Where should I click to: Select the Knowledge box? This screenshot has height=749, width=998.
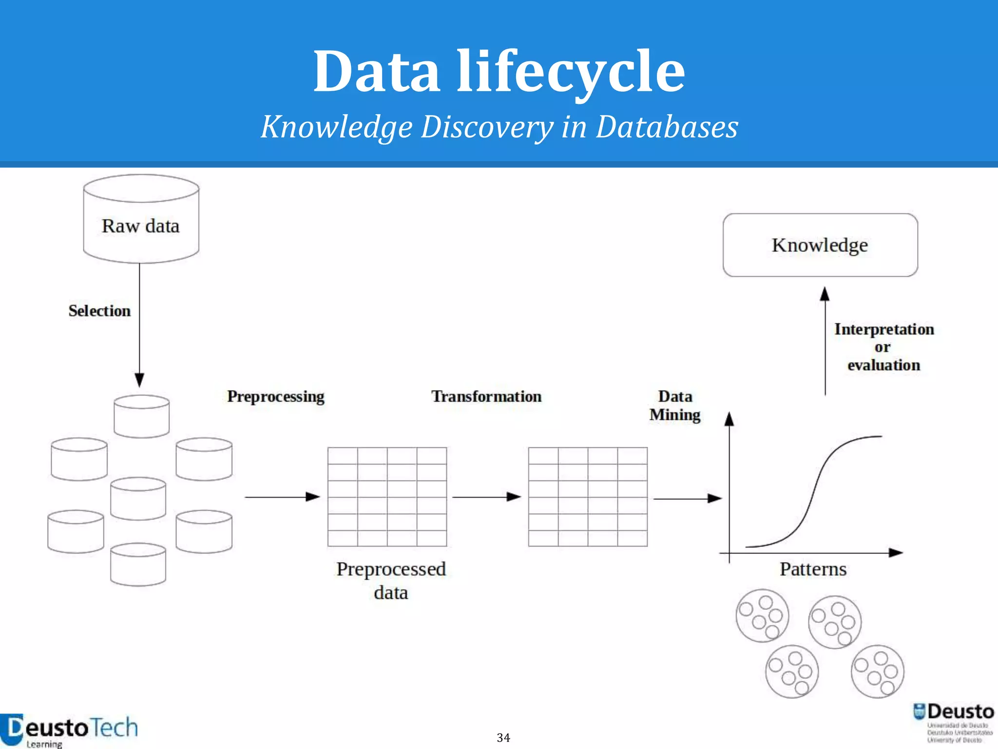click(x=820, y=245)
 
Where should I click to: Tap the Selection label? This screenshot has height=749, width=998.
click(x=99, y=311)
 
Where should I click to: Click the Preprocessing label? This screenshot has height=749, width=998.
click(x=276, y=396)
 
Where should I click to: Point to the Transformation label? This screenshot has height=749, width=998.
click(x=486, y=396)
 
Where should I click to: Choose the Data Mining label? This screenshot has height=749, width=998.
click(x=675, y=405)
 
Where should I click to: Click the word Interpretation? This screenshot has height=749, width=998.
click(x=884, y=330)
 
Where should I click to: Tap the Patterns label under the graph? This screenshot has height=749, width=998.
click(x=813, y=569)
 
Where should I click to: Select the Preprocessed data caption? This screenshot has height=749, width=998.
click(x=391, y=580)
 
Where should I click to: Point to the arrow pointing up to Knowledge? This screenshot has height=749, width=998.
click(x=825, y=341)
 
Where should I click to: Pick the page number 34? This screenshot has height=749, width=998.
click(x=503, y=737)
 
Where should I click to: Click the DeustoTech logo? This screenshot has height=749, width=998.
click(x=69, y=730)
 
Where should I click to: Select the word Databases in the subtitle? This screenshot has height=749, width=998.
click(x=667, y=127)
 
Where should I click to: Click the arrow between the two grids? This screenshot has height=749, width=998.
click(x=486, y=497)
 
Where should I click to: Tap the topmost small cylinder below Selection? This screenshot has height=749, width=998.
click(x=141, y=416)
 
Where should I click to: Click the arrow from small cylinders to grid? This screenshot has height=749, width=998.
click(x=282, y=497)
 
